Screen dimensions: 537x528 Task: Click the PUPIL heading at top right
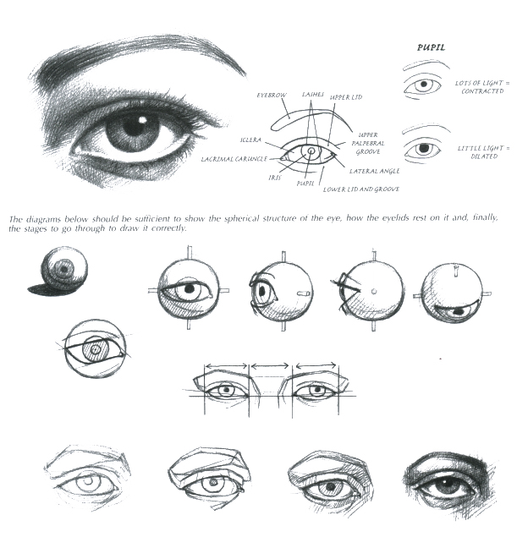click(x=432, y=48)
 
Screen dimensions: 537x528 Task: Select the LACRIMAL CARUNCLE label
click(x=234, y=158)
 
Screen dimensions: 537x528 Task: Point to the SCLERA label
click(x=250, y=140)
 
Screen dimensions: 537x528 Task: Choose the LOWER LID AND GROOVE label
click(x=360, y=189)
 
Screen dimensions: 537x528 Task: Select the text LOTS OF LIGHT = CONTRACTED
click(x=483, y=86)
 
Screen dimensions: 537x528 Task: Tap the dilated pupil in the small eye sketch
click(x=426, y=149)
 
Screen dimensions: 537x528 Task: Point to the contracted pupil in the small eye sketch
click(x=426, y=85)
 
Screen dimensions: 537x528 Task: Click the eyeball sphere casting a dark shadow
click(x=61, y=270)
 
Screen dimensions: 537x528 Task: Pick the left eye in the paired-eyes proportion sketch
click(x=225, y=391)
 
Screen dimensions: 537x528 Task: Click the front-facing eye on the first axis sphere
click(x=188, y=289)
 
